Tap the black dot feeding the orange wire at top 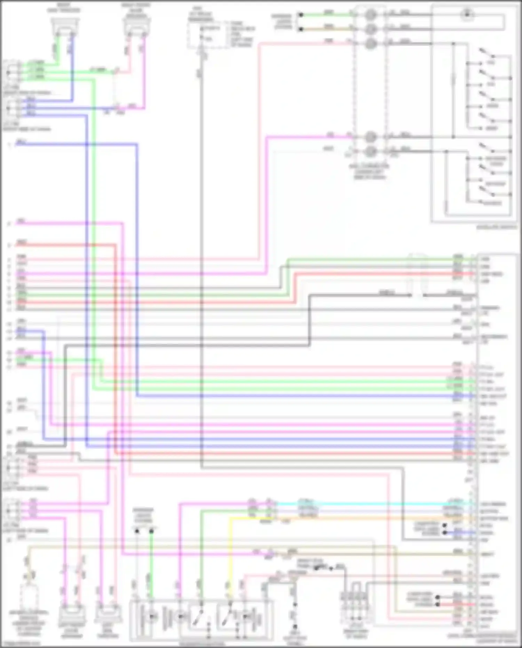(301, 29)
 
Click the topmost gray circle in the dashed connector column (371, 15)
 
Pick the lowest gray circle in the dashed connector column (371, 151)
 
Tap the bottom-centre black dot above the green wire (151, 531)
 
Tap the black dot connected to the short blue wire (444, 533)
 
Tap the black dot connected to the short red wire (437, 604)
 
